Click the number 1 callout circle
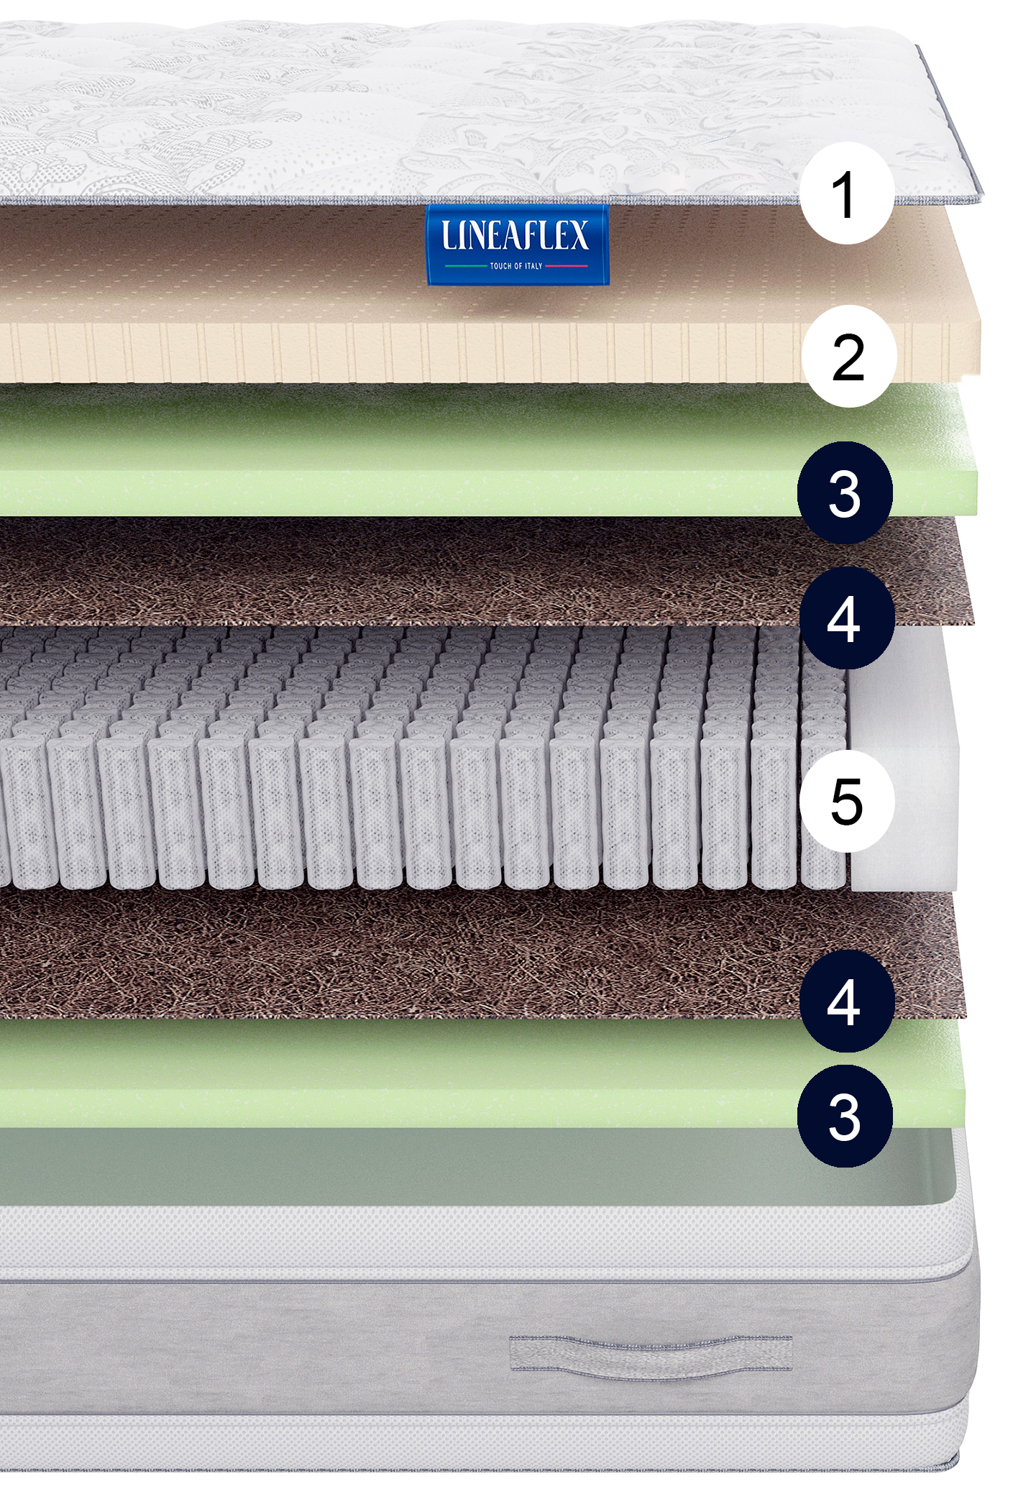(x=847, y=193)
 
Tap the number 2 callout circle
(x=849, y=356)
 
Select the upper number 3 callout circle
(x=845, y=492)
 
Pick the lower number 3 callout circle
(x=845, y=1116)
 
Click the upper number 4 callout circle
(x=847, y=618)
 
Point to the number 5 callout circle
(x=847, y=801)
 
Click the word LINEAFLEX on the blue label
(x=515, y=235)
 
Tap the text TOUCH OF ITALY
(x=516, y=266)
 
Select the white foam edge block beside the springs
(x=904, y=759)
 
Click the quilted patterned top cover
(x=431, y=108)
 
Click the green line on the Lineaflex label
(x=466, y=266)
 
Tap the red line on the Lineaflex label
(x=567, y=266)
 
